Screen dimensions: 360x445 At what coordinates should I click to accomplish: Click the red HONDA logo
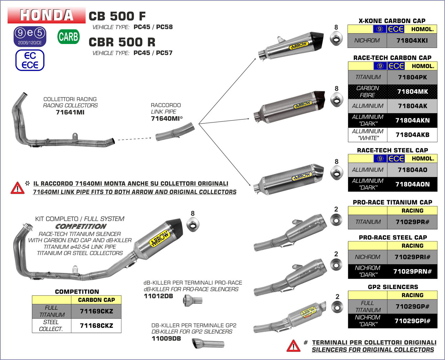(47, 15)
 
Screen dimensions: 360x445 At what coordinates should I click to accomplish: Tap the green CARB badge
(68, 37)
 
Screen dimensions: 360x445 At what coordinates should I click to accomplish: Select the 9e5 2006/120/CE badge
(30, 36)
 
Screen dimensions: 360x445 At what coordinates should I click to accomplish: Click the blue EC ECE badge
(30, 61)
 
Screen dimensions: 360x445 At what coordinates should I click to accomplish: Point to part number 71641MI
(70, 112)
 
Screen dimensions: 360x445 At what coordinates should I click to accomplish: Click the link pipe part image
(175, 132)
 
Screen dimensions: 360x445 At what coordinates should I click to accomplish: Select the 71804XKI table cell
(412, 41)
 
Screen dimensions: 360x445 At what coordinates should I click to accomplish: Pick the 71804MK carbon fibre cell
(412, 91)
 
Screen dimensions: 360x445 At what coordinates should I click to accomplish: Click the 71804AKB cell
(412, 135)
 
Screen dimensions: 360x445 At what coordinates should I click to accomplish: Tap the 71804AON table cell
(412, 184)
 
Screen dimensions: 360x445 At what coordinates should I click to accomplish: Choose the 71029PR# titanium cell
(412, 222)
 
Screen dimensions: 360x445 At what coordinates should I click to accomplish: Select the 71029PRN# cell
(412, 271)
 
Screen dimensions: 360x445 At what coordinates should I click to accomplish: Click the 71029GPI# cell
(412, 321)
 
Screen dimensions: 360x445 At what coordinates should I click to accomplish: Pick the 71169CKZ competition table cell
(96, 312)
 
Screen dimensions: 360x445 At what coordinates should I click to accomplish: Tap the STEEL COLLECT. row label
(51, 325)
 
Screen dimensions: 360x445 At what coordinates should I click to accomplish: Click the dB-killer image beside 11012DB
(193, 300)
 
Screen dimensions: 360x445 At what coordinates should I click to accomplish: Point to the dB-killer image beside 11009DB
(208, 343)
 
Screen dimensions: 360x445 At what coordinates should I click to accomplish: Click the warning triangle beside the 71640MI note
(17, 188)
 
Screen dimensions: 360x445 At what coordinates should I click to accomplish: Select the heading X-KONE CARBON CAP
(392, 21)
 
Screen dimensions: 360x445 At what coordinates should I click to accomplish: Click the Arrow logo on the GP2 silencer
(308, 312)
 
